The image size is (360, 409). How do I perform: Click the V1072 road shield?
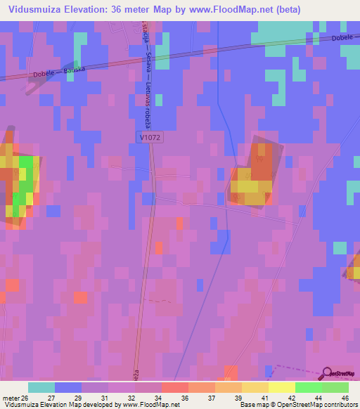point(150,139)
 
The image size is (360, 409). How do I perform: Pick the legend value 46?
point(344,397)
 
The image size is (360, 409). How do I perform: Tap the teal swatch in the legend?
point(41,387)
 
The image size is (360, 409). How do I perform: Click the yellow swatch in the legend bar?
point(281,387)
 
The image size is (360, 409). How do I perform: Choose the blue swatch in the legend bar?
point(68,387)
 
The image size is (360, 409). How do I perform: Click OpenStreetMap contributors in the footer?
point(319,405)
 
